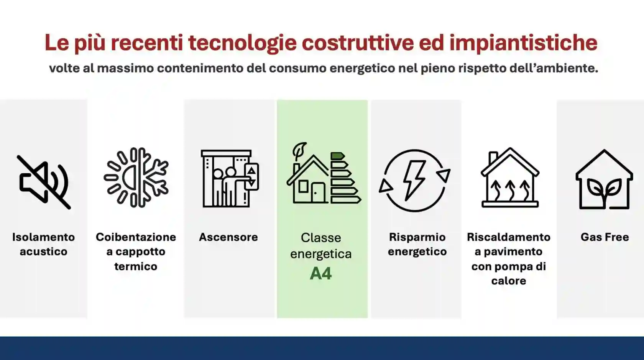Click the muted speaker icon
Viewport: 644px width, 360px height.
44,182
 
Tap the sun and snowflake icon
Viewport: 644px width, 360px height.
136,178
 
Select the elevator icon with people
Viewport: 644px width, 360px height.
229,179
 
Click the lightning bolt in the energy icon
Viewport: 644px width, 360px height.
414,179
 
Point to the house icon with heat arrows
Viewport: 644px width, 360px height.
510,178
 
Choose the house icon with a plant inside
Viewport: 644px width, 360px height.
604,179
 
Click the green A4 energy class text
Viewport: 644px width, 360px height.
321,274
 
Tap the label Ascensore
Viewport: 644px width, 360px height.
228,237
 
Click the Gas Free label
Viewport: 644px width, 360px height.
605,237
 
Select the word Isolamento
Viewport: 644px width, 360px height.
43,237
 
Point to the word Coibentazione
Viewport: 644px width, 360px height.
136,237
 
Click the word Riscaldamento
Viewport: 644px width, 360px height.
509,237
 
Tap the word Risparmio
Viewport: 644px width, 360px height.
417,237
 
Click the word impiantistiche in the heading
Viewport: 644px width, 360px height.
523,43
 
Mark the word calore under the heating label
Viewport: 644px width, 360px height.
509,281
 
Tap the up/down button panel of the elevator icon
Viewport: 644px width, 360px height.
251,177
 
